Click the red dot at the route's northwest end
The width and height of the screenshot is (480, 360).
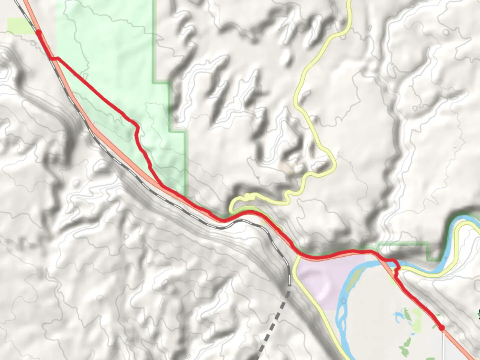click(x=39, y=32)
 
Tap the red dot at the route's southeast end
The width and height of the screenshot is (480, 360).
click(x=442, y=328)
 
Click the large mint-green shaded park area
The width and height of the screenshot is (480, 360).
click(x=110, y=67)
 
